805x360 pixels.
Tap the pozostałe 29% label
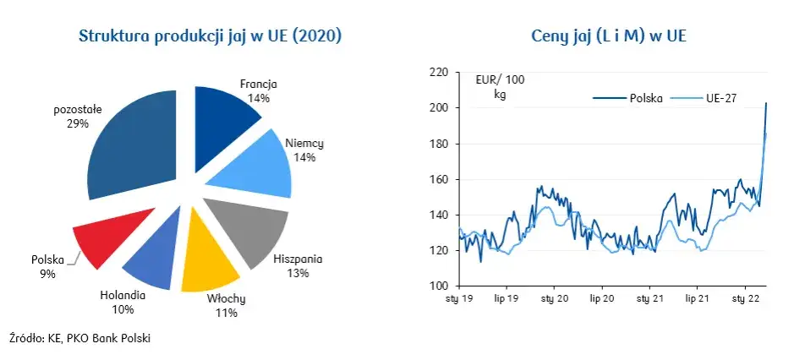click(78, 117)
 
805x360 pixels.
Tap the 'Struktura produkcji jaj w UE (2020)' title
click(211, 36)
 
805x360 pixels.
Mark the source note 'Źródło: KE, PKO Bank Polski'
click(80, 338)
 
